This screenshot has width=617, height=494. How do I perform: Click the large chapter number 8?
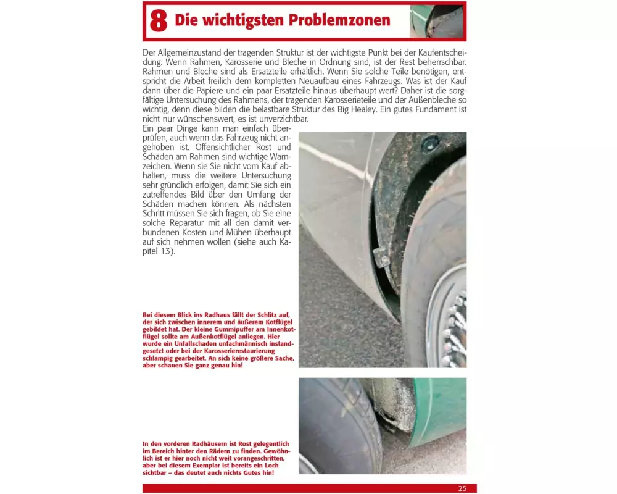(x=159, y=20)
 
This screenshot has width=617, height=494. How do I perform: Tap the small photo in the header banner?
(x=436, y=21)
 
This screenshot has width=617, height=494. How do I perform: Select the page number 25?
(x=462, y=488)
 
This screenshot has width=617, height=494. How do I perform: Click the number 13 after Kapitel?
(x=165, y=251)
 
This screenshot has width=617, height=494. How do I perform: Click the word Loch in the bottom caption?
(x=271, y=465)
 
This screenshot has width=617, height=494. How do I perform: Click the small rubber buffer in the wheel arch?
(x=379, y=257)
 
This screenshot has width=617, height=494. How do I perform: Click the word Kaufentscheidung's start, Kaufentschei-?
(x=442, y=52)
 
